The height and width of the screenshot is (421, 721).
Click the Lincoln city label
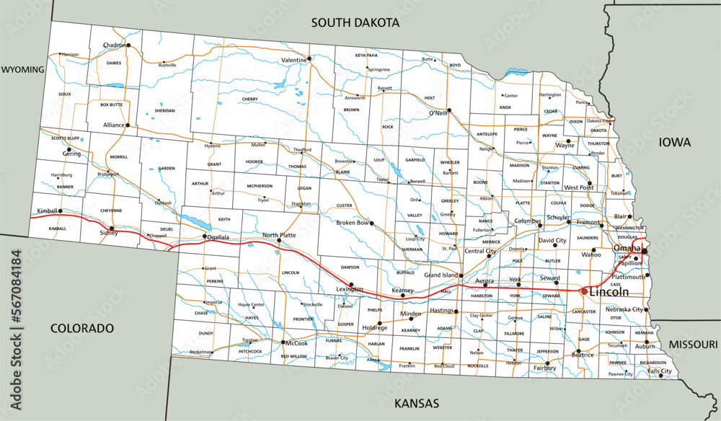609,291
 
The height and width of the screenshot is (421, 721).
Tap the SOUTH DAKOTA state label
355,22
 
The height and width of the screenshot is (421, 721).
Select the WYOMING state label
22,70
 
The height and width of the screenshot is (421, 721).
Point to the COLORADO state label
82,328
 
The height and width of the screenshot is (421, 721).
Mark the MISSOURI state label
693,345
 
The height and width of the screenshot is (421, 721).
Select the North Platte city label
279,235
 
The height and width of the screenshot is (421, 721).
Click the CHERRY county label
250,99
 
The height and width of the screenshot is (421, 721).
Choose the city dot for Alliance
128,125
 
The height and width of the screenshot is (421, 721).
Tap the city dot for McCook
284,342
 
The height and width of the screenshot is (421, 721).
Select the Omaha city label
627,248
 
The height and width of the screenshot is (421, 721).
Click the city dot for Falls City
661,376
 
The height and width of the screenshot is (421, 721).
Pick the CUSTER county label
345,205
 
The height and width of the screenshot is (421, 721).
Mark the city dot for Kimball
61,211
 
